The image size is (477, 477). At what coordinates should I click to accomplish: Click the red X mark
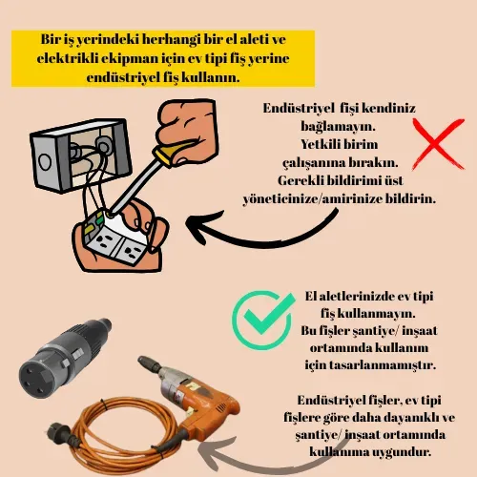tap(438, 145)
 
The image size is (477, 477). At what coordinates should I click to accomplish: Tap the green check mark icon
tap(263, 320)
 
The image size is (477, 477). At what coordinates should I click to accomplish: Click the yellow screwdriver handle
tap(172, 154)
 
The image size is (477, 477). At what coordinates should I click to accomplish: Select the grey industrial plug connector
tap(64, 358)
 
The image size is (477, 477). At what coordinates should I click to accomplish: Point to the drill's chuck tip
tap(140, 360)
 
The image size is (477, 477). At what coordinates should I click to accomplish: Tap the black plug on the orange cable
tap(59, 431)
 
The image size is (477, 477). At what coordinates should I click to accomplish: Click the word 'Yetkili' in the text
tap(319, 145)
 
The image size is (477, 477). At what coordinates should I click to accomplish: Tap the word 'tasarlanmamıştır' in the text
tap(383, 364)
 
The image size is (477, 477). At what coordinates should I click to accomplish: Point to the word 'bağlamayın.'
tap(339, 127)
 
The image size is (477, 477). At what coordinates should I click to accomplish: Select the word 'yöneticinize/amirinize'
tap(313, 199)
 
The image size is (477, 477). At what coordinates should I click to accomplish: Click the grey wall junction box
tap(80, 156)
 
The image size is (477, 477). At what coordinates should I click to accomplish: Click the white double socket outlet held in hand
tap(116, 237)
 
